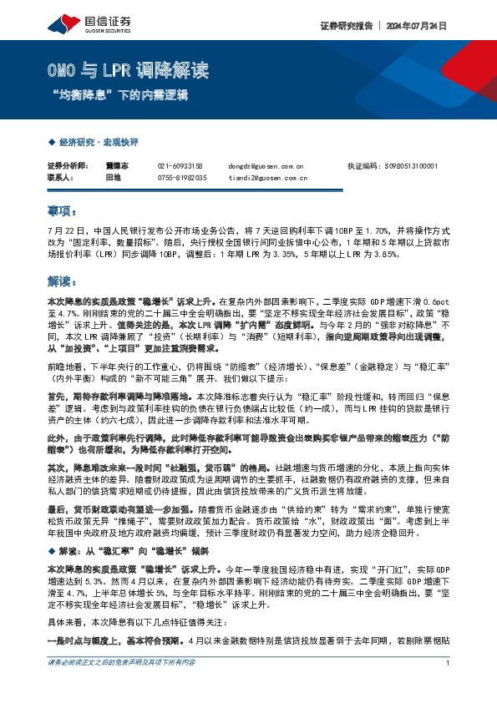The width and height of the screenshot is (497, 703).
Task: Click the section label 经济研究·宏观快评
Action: [x=98, y=144]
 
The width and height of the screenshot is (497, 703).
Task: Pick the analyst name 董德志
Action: [x=116, y=166]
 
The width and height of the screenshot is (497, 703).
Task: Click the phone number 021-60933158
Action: [x=180, y=166]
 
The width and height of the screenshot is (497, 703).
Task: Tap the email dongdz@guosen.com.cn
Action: [x=266, y=166]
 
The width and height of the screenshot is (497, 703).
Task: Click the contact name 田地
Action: [x=113, y=177]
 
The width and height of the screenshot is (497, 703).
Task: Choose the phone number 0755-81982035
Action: [x=182, y=177]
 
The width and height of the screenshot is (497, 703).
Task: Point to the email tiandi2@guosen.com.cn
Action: [x=267, y=177]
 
